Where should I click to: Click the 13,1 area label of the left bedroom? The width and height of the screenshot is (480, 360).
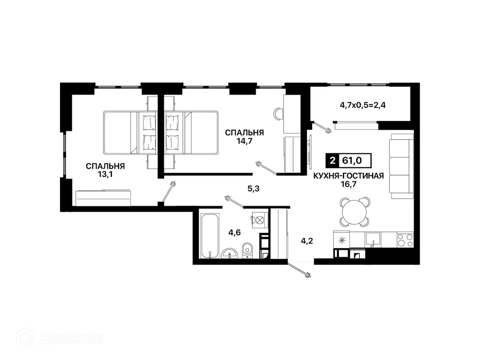coord(105,174)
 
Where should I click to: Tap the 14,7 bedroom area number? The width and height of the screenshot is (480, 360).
coord(244,141)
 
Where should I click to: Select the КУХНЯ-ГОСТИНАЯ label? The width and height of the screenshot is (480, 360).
coord(349,176)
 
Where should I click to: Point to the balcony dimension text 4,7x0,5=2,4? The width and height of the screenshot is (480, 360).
coord(363,105)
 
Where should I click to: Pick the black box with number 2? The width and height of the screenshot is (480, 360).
coord(332,161)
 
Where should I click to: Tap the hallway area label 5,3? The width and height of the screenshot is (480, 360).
coord(253,188)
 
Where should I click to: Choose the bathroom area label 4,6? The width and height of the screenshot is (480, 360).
coord(234,233)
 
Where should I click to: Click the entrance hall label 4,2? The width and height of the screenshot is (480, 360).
coord(307,241)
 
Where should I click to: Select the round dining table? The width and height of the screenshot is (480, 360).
coord(355,212)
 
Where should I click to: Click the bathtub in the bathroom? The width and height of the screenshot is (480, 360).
coord(210,236)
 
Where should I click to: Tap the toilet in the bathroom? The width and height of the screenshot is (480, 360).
coord(248,251)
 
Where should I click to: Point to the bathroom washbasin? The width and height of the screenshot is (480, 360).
coord(230,254)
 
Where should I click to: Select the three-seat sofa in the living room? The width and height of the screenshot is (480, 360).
coord(401,166)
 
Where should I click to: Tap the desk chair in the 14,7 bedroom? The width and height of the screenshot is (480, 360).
coord(278,114)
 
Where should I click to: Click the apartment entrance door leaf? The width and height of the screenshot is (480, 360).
coord(299,270)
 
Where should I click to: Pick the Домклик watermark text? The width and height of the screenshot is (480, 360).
coord(71,339)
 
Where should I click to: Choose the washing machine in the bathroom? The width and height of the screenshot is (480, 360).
coord(260,220)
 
